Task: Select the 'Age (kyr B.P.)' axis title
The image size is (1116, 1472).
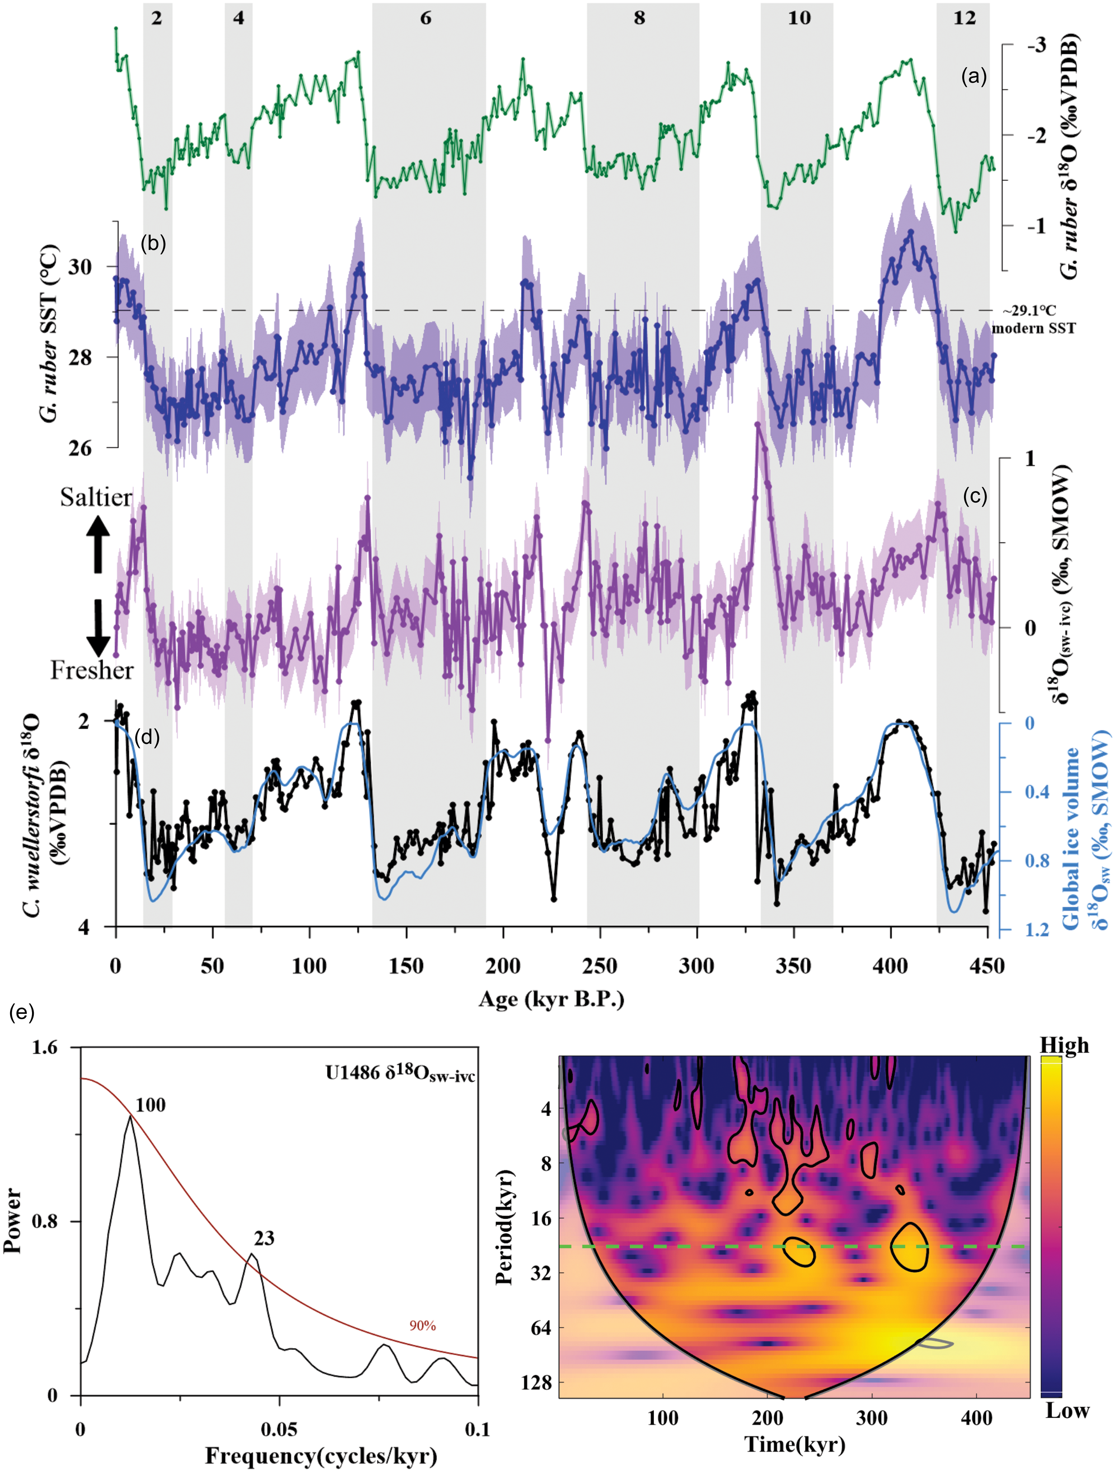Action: pos(551,1000)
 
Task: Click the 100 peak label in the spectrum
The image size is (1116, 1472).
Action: pos(150,1105)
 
